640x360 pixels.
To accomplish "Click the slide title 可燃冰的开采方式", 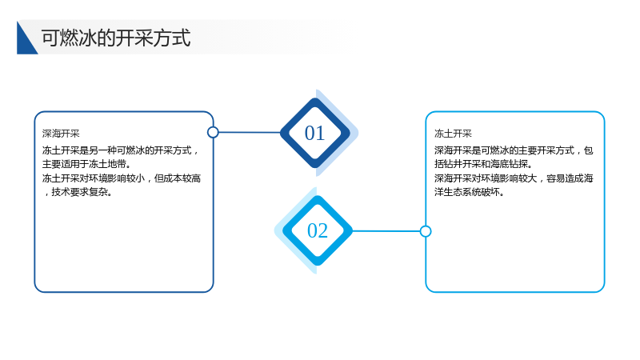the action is [x=116, y=38].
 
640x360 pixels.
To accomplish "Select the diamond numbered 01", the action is [x=315, y=133].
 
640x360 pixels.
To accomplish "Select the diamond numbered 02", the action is [x=318, y=230].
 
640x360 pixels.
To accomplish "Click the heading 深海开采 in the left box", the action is [x=61, y=134].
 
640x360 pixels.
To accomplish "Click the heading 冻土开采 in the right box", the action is [x=453, y=134].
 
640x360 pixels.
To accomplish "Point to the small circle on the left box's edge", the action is [x=213, y=132].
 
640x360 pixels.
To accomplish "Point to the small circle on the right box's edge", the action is [x=426, y=231].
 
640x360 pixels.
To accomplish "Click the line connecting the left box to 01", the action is [x=250, y=132].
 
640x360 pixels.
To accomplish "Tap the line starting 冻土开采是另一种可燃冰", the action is [x=121, y=150].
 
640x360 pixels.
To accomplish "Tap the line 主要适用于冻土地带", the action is [x=86, y=164].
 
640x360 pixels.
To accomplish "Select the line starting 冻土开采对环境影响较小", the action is [x=122, y=178].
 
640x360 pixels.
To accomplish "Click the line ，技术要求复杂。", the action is [x=78, y=192].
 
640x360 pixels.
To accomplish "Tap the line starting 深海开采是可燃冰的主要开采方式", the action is [x=514, y=150].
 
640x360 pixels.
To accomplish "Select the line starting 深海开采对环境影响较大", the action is [x=514, y=178].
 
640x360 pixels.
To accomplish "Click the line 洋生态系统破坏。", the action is [x=470, y=192].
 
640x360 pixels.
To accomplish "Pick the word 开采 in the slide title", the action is [x=134, y=38].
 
